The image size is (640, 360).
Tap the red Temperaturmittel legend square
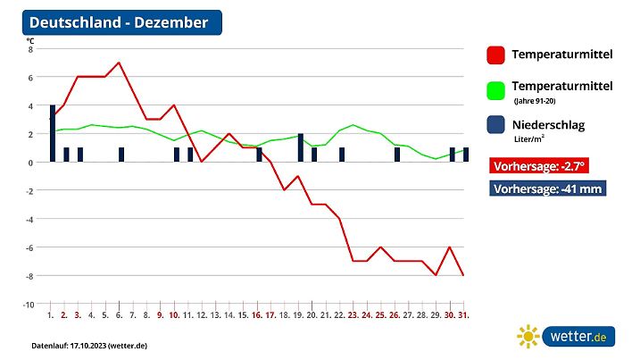click(x=496, y=55)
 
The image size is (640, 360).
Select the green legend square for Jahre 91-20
click(x=496, y=90)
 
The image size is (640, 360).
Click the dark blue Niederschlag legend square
click(x=496, y=126)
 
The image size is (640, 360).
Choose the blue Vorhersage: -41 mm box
click(x=548, y=188)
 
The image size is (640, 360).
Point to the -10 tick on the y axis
click(x=28, y=305)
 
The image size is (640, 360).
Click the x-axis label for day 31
click(x=465, y=315)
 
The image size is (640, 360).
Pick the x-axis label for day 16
click(x=257, y=315)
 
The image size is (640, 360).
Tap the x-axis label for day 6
click(x=119, y=315)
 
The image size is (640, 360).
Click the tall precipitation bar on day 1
click(x=53, y=134)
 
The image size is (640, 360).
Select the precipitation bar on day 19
click(x=300, y=148)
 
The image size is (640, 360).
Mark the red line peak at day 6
click(x=119, y=63)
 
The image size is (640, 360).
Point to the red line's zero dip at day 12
click(x=202, y=162)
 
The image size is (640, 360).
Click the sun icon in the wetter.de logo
click(x=528, y=336)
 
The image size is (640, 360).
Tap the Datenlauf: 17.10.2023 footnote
click(x=88, y=345)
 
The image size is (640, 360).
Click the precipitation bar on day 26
click(x=397, y=155)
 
